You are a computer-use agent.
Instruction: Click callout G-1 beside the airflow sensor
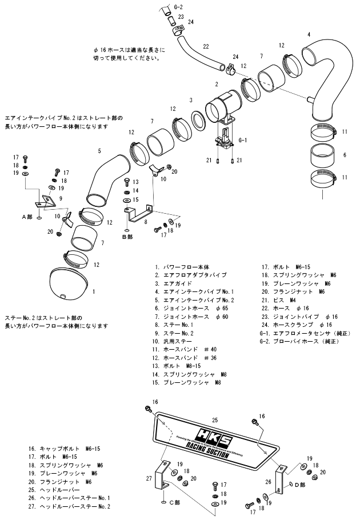(x=242, y=140)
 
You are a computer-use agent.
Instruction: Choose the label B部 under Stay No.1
(x=126, y=236)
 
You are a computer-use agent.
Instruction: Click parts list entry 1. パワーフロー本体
(x=182, y=267)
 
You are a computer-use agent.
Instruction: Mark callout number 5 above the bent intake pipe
(x=99, y=151)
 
